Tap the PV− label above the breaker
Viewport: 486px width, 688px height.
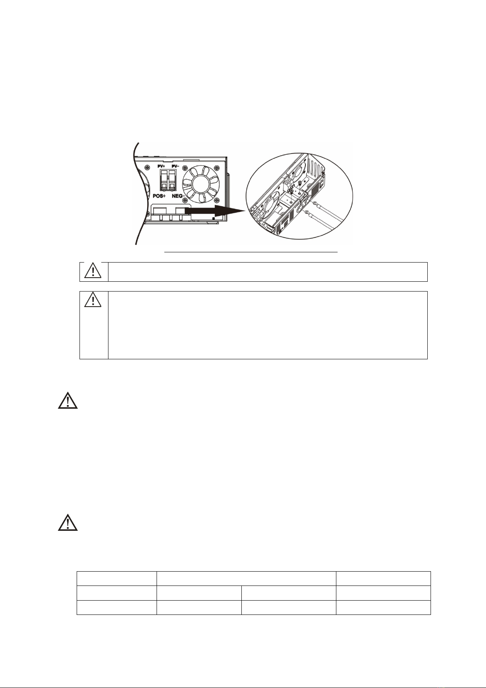tap(175, 166)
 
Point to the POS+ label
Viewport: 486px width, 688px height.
tap(160, 196)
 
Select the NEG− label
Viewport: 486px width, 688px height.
tap(179, 196)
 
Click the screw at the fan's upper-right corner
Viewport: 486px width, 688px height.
tap(217, 168)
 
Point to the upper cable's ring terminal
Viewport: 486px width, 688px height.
tap(315, 203)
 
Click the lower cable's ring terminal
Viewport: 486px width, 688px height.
tap(307, 212)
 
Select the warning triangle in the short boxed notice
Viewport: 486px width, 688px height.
tap(93, 271)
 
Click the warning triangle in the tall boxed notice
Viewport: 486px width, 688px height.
tap(93, 300)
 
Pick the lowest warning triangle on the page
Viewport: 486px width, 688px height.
tap(68, 522)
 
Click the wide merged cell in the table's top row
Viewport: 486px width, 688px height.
tap(246, 578)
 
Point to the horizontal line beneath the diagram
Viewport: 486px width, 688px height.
tap(251, 252)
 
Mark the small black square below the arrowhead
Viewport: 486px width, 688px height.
tap(213, 218)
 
